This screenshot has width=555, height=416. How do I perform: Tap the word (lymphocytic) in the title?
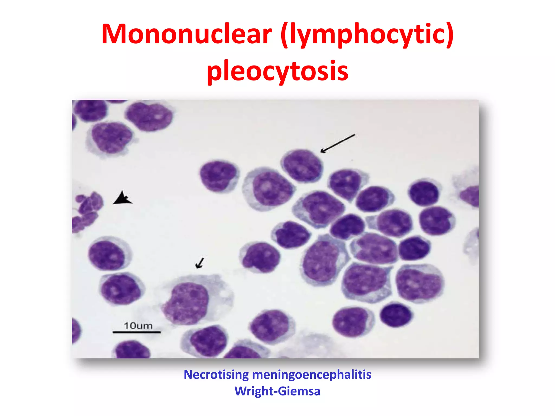(x=367, y=35)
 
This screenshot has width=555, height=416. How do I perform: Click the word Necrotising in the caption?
(x=216, y=375)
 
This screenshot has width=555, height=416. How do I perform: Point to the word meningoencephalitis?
(x=312, y=375)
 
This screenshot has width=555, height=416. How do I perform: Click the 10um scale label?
(x=138, y=326)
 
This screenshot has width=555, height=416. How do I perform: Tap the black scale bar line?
(x=137, y=332)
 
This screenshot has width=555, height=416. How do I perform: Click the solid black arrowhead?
(x=123, y=198)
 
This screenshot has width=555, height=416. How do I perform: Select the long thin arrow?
(x=338, y=143)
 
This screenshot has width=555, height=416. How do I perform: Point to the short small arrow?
(x=200, y=263)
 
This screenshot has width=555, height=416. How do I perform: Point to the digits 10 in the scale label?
(x=130, y=326)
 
